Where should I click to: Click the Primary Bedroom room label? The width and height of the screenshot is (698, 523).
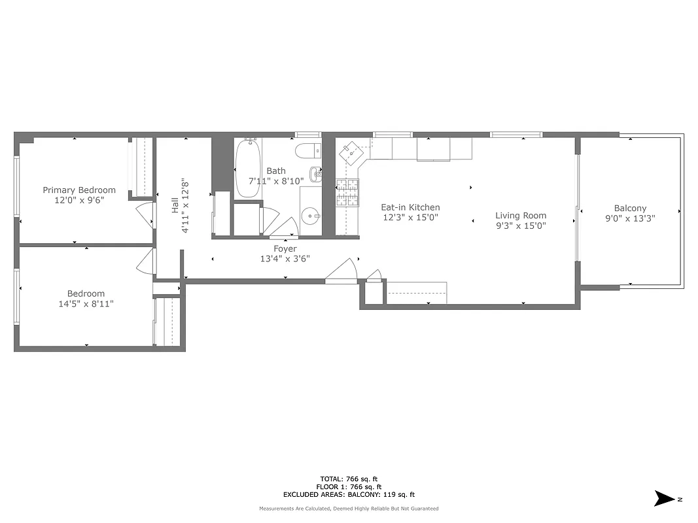pos(79,190)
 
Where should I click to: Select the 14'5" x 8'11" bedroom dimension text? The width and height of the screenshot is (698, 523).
pos(86,304)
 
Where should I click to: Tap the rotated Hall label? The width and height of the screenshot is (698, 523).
pos(175,205)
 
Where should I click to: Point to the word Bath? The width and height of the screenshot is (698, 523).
pos(275,171)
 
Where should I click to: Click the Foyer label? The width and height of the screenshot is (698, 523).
pos(285,248)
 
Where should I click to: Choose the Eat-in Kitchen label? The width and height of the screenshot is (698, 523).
pos(410,207)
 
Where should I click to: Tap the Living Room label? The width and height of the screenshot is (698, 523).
pos(520,215)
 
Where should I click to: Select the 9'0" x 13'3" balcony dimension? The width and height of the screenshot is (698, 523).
pos(630,219)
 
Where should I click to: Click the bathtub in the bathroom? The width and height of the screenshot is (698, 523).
pos(247,168)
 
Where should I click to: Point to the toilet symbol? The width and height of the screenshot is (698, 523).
pos(307,152)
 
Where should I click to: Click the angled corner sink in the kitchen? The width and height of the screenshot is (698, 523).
pos(352,152)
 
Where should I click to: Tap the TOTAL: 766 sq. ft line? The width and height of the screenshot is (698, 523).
pos(349,479)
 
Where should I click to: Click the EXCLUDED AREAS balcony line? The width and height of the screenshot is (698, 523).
pos(349,495)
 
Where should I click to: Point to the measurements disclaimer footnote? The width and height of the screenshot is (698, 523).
pos(349,509)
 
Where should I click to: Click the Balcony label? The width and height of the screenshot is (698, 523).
pos(630,209)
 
